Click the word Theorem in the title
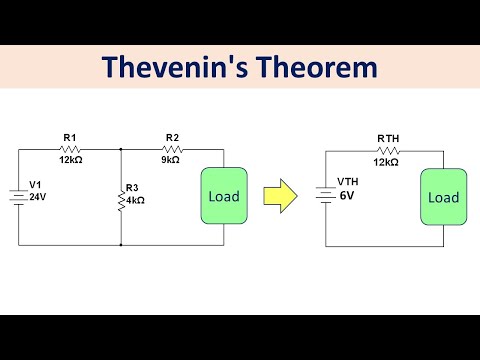click(x=322, y=67)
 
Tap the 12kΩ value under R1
click(x=70, y=158)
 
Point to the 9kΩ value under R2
click(x=171, y=158)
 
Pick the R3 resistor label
click(x=134, y=187)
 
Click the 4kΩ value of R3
click(x=135, y=200)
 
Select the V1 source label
click(x=36, y=186)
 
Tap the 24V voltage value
click(x=38, y=198)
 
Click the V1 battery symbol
click(x=19, y=195)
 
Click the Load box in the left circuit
click(x=224, y=196)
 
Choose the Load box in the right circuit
click(x=443, y=197)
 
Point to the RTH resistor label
click(x=388, y=138)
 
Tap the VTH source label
click(x=347, y=181)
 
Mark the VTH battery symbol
click(x=328, y=195)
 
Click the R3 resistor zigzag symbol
click(x=120, y=195)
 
